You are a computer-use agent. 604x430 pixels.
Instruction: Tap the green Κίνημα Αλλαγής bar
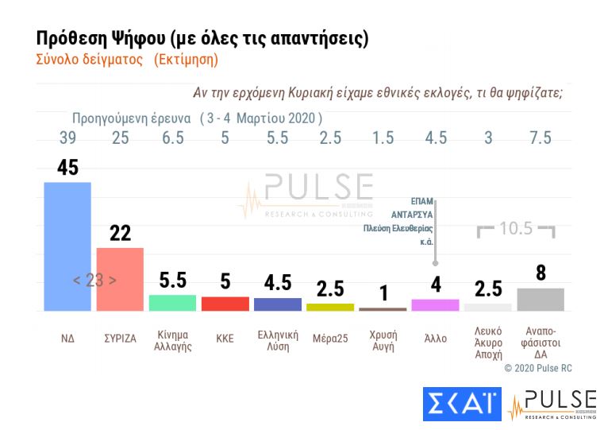pyautogui.click(x=172, y=303)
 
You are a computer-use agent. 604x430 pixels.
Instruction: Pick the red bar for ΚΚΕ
pyautogui.click(x=225, y=304)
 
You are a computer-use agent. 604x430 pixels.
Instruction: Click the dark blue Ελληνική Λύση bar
pyautogui.click(x=277, y=304)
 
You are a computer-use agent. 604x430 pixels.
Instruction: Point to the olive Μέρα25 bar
pyautogui.click(x=329, y=307)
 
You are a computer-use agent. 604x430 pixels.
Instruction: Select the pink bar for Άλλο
pyautogui.click(x=435, y=305)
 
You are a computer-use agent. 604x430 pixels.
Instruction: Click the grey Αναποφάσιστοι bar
pyautogui.click(x=540, y=299)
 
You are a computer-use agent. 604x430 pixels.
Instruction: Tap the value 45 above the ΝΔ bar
pyautogui.click(x=67, y=168)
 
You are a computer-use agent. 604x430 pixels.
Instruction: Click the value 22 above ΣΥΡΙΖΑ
pyautogui.click(x=120, y=233)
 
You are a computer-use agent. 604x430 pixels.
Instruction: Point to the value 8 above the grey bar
pyautogui.click(x=541, y=273)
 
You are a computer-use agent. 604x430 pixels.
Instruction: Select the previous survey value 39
pyautogui.click(x=67, y=138)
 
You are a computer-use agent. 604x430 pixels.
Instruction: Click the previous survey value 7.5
pyautogui.click(x=540, y=138)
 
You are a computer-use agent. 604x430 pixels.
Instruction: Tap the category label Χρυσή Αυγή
pyautogui.click(x=383, y=340)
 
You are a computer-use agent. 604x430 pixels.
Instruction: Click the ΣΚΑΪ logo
pyautogui.click(x=462, y=404)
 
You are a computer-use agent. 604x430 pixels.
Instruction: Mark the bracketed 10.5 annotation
pyautogui.click(x=515, y=229)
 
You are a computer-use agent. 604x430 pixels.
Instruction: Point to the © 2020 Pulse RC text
pyautogui.click(x=537, y=368)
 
